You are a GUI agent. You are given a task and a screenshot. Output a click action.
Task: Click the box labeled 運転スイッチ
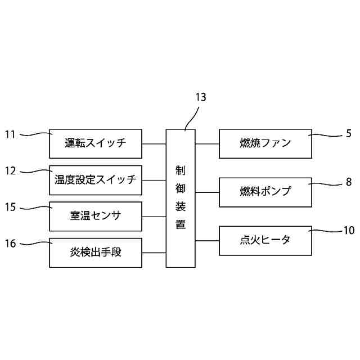click(x=96, y=143)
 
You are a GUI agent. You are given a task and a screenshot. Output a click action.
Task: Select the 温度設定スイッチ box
click(x=96, y=180)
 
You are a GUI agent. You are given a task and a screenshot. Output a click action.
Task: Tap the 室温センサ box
click(x=96, y=216)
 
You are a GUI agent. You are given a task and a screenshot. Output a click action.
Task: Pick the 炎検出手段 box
click(x=96, y=253)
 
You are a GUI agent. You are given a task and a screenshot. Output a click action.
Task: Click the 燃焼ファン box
click(x=264, y=143)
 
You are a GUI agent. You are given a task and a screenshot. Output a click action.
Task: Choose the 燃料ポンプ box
click(x=264, y=192)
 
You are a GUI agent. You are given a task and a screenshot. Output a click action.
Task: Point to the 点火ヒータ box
click(x=264, y=240)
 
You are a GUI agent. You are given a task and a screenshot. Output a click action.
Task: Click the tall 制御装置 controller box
click(x=181, y=198)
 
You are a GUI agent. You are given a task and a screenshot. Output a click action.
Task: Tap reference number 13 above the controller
click(x=200, y=97)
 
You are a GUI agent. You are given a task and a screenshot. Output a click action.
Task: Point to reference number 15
click(x=10, y=207)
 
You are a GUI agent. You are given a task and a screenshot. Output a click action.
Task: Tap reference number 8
click(x=349, y=182)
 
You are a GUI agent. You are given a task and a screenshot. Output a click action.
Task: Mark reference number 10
click(x=349, y=229)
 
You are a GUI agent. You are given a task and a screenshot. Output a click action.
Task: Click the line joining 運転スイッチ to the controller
click(x=154, y=143)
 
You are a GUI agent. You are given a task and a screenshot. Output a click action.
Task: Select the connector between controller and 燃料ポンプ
click(x=207, y=192)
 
